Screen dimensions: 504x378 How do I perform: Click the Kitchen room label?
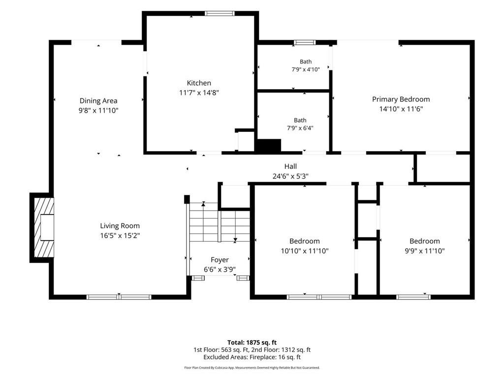(199, 83)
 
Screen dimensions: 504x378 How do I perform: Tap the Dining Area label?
(98, 101)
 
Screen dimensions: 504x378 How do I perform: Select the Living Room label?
(120, 226)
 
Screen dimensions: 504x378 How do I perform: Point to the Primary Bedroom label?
(401, 99)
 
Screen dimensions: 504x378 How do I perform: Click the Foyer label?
(220, 260)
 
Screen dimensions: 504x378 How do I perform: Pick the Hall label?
(290, 166)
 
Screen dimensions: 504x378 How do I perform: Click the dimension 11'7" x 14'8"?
(199, 93)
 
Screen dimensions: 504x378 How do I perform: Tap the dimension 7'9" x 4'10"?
(306, 69)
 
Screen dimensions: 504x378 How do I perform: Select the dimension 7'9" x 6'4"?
(300, 128)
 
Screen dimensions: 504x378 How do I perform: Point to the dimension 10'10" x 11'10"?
(305, 251)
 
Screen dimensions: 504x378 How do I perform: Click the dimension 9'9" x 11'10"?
(425, 251)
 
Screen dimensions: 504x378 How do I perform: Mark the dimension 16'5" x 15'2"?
(120, 236)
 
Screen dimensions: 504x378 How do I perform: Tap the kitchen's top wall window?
(220, 13)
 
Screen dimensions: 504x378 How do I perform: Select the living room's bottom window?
(119, 297)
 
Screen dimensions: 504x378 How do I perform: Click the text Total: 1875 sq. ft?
(252, 343)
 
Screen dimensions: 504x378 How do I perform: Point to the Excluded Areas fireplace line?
(252, 357)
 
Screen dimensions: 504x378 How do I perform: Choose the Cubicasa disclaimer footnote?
(252, 368)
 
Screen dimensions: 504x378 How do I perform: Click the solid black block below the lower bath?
(268, 145)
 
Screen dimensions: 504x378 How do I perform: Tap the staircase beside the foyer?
(220, 222)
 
